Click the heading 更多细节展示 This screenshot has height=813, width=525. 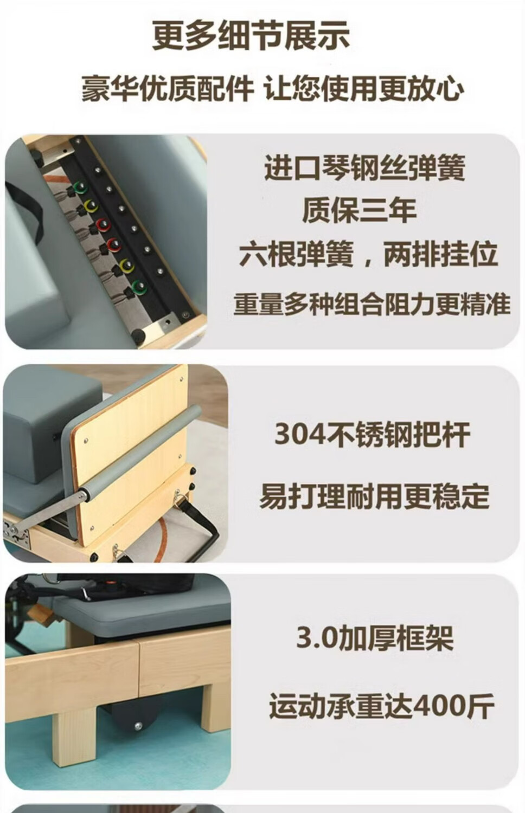(251, 36)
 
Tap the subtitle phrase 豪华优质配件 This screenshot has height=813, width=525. (168, 89)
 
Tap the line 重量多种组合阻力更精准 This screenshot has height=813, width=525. (372, 304)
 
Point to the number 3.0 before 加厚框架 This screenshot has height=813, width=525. (316, 638)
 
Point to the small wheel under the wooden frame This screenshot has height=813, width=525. (138, 726)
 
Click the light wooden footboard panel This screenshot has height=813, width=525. (131, 454)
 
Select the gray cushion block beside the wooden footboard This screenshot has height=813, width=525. (51, 428)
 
